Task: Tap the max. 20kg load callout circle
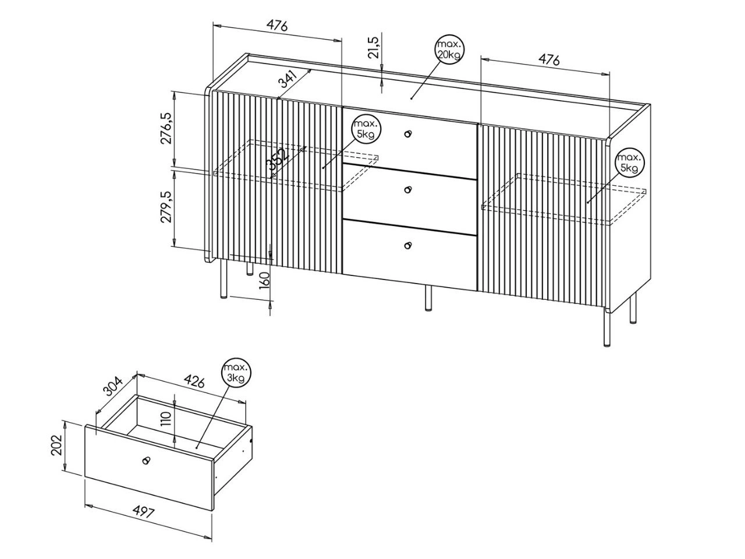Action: [449, 49]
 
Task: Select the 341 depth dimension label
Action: [288, 79]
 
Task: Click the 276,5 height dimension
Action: [166, 128]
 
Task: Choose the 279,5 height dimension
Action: [166, 207]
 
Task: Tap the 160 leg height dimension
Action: [264, 281]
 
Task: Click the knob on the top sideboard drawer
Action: [407, 133]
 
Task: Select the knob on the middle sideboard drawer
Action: [407, 189]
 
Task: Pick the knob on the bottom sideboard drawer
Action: [407, 245]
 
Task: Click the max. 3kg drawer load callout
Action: [236, 374]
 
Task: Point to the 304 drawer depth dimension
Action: [113, 386]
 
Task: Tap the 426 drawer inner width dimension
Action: [194, 381]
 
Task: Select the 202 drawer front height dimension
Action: [56, 445]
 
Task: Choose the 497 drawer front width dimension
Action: [143, 512]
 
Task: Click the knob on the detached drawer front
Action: [146, 460]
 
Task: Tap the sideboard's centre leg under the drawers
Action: [428, 298]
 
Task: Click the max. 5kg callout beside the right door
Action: [630, 163]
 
